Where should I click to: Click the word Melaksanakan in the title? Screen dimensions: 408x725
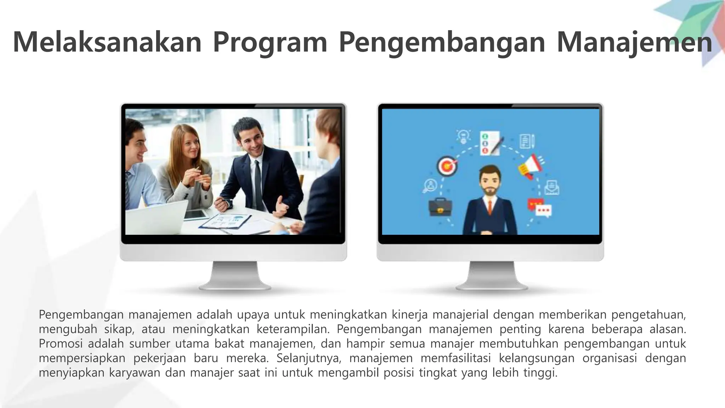tap(107, 42)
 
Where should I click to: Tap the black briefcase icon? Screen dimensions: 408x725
tap(440, 208)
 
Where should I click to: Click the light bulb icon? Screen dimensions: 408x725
tap(463, 136)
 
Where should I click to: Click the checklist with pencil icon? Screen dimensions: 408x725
tap(490, 143)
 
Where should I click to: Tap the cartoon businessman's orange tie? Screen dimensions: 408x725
tap(490, 207)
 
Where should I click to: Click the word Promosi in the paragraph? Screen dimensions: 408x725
tap(61, 344)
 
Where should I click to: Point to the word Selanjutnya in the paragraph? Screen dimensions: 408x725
tap(309, 358)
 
